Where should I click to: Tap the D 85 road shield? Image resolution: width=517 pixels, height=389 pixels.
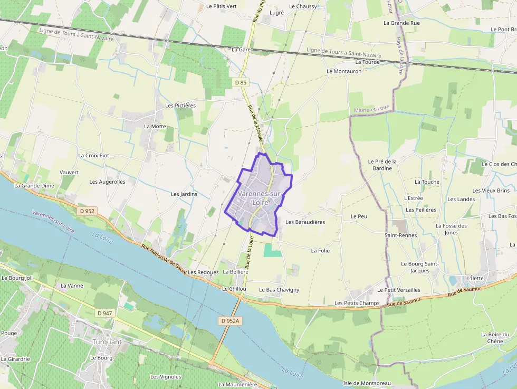pyautogui.click(x=241, y=82)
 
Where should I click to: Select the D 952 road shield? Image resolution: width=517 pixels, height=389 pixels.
pyautogui.click(x=88, y=211)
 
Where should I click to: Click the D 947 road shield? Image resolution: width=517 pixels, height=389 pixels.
pyautogui.click(x=104, y=313)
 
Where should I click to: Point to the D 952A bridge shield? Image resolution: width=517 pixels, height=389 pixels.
pyautogui.click(x=230, y=320)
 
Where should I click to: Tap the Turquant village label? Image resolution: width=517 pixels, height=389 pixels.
pyautogui.click(x=107, y=341)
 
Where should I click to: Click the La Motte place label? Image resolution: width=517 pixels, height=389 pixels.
pyautogui.click(x=155, y=126)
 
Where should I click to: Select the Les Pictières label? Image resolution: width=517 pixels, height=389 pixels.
pyautogui.click(x=180, y=106)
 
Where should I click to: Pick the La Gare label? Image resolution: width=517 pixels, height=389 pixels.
pyautogui.click(x=241, y=49)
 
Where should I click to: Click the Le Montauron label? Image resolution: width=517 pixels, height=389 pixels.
pyautogui.click(x=344, y=71)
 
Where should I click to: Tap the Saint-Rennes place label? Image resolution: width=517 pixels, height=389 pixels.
pyautogui.click(x=400, y=235)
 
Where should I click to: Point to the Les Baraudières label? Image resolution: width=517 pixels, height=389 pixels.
pyautogui.click(x=305, y=222)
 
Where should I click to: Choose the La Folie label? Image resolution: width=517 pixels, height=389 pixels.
pyautogui.click(x=320, y=251)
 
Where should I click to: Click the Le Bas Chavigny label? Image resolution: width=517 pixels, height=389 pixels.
pyautogui.click(x=279, y=290)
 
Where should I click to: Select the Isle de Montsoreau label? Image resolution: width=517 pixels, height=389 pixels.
pyautogui.click(x=367, y=383)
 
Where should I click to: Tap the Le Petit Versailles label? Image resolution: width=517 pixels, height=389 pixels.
pyautogui.click(x=398, y=290)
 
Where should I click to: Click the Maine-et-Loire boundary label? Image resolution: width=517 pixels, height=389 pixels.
pyautogui.click(x=372, y=108)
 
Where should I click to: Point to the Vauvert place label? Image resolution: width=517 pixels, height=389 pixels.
pyautogui.click(x=69, y=172)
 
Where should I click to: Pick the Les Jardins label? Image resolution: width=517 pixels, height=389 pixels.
pyautogui.click(x=184, y=194)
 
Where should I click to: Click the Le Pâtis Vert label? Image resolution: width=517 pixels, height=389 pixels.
pyautogui.click(x=222, y=6)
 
